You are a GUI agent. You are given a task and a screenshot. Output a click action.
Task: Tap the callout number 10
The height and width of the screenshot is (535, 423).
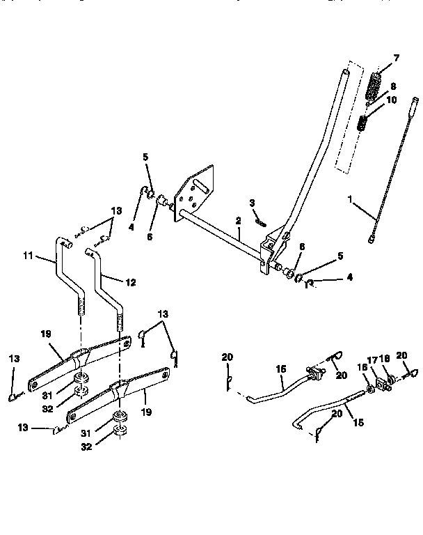[x=391, y=100]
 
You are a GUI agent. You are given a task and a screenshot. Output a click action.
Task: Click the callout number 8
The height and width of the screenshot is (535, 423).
[x=393, y=87]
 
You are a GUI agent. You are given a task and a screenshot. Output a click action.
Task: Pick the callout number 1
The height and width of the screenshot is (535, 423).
[x=352, y=199]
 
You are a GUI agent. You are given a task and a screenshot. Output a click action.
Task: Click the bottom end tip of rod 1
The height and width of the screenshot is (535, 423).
[x=371, y=239]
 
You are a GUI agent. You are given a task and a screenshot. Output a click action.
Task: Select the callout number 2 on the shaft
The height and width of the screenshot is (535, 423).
[x=237, y=221]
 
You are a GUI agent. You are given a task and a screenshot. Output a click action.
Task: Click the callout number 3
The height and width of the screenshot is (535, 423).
[x=253, y=203]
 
